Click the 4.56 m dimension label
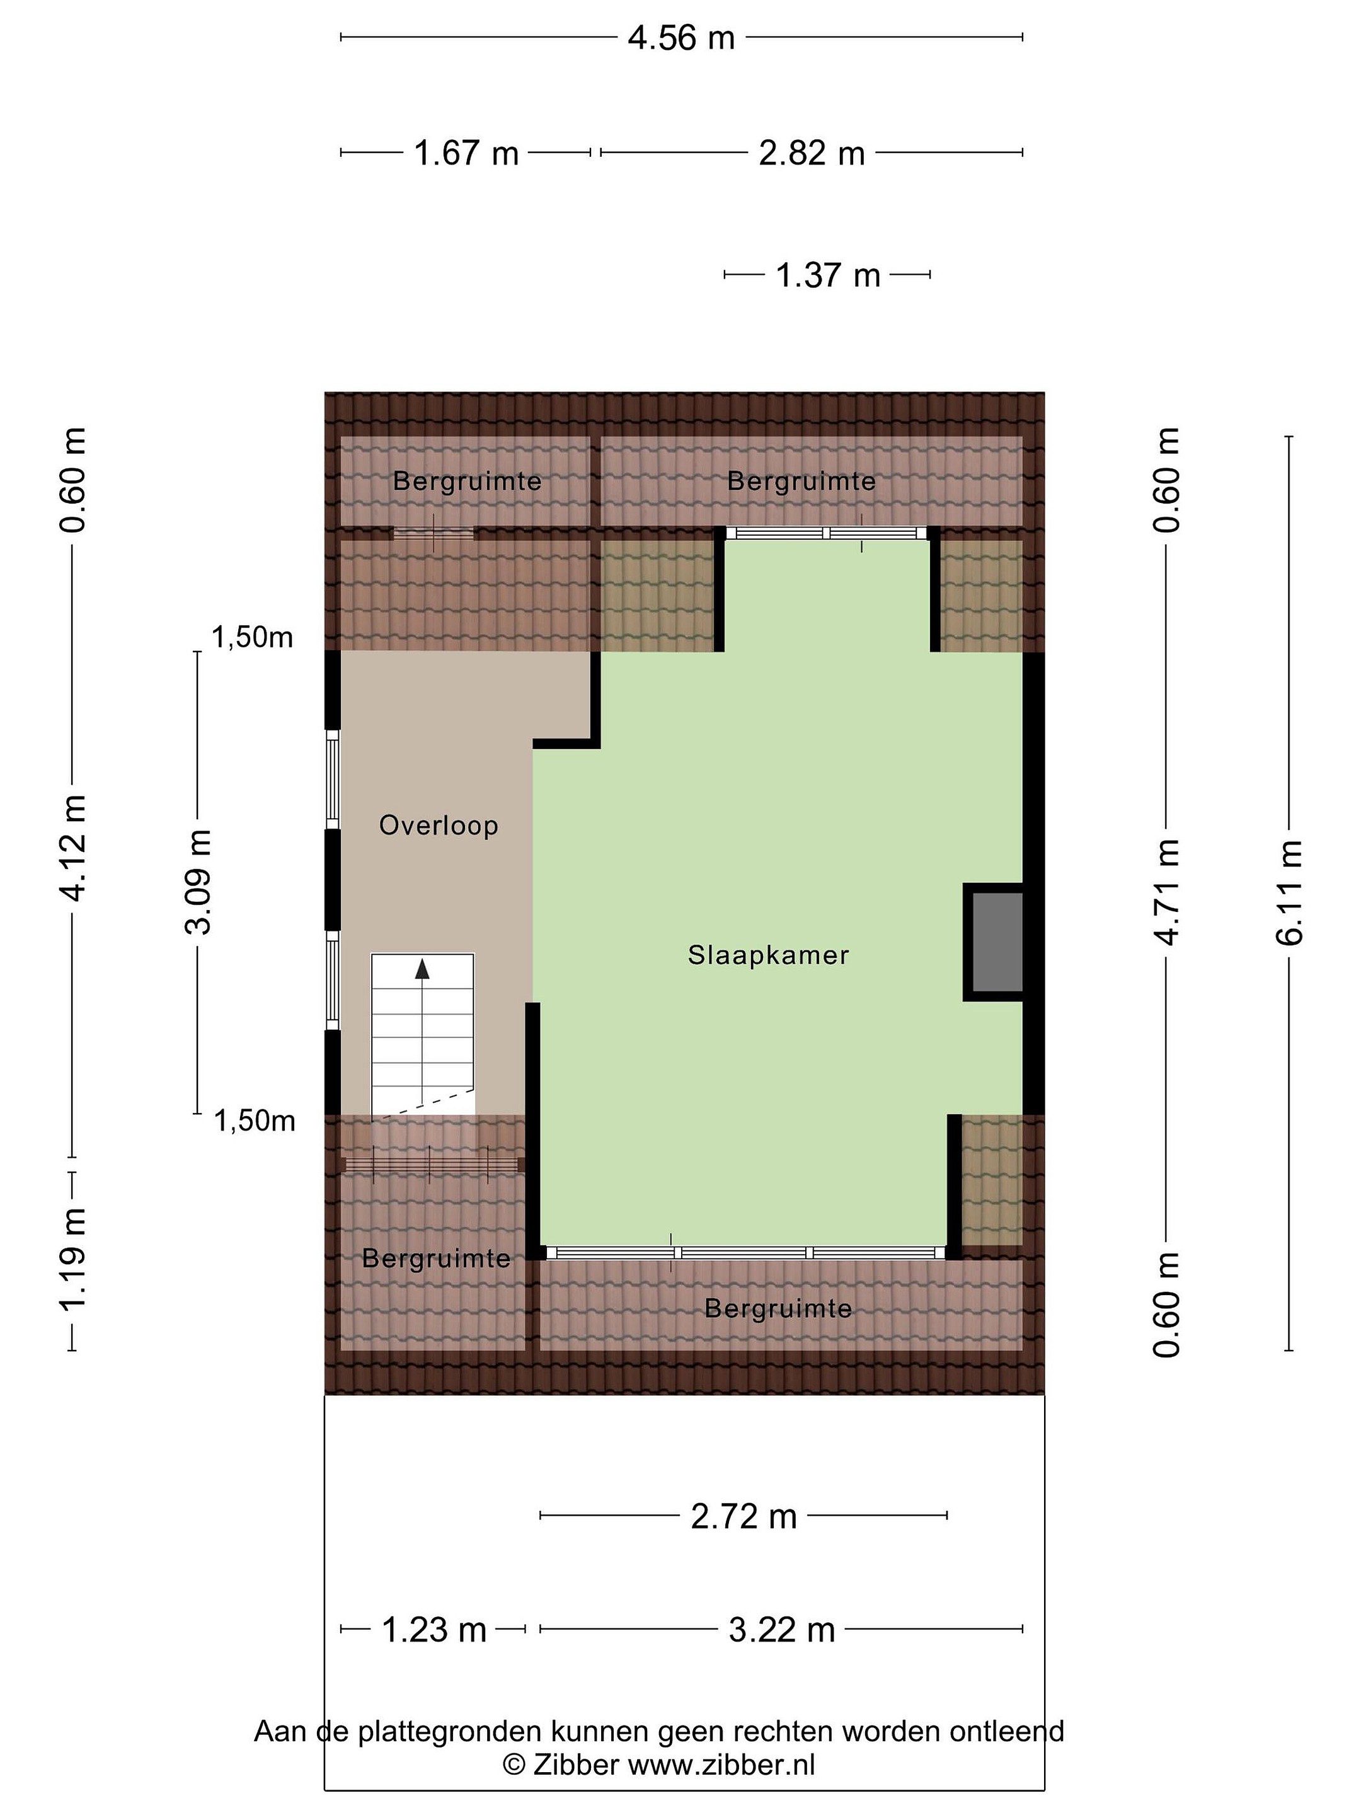(x=681, y=38)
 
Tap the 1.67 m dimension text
(x=466, y=153)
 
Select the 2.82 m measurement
(x=812, y=153)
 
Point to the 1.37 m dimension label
(x=828, y=275)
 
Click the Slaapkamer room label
(x=768, y=955)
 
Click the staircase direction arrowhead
(x=422, y=969)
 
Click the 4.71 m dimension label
(x=1166, y=892)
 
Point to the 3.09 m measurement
(x=198, y=882)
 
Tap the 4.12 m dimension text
(x=74, y=848)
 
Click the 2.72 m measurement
(x=744, y=1516)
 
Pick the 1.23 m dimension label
(x=434, y=1630)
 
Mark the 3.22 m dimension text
(x=782, y=1630)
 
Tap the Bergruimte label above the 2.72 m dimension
(x=779, y=1308)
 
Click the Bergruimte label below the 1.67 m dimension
(x=468, y=481)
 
